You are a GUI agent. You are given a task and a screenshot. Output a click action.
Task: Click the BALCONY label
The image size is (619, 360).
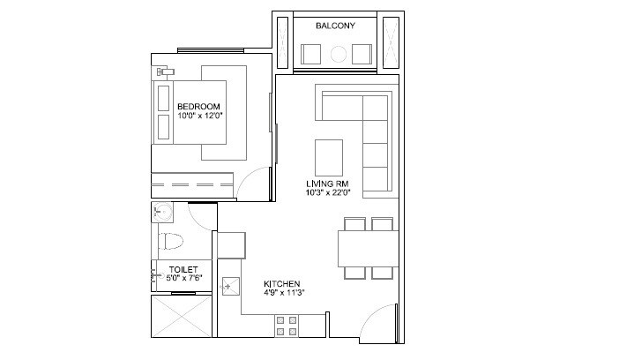pos(335,26)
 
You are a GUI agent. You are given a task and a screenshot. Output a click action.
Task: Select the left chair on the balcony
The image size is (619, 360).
pos(311,55)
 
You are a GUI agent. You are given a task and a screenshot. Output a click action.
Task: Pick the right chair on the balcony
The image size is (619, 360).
pos(362,55)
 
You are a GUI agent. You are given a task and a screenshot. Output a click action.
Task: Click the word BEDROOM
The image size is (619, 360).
pos(198,107)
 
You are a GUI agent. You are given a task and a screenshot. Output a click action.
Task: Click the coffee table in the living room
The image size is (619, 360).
pos(331,158)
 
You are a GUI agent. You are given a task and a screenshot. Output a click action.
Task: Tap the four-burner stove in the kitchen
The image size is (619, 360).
pos(287,326)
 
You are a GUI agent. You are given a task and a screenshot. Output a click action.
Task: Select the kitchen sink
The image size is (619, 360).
pos(231,286)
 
